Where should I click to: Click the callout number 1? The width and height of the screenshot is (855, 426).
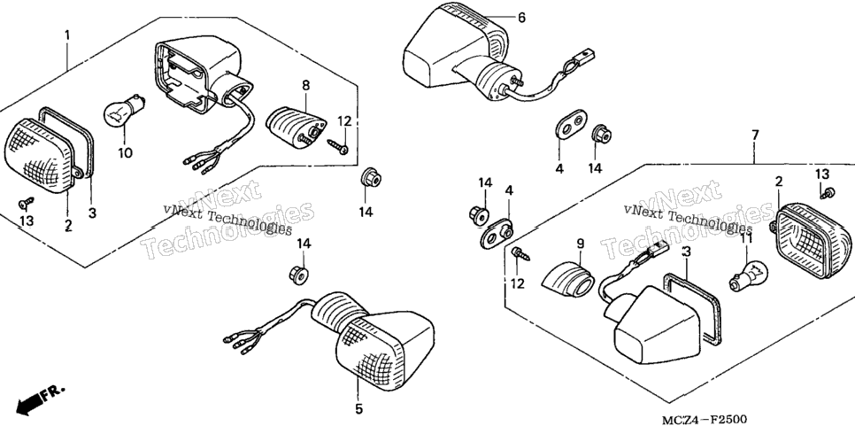pyautogui.click(x=67, y=36)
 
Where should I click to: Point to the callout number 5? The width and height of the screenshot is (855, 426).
pyautogui.click(x=358, y=409)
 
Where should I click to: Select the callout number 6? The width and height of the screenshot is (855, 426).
pyautogui.click(x=522, y=18)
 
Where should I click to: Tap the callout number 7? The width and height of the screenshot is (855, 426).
pyautogui.click(x=755, y=135)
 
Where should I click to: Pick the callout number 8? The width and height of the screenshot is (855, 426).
pyautogui.click(x=306, y=85)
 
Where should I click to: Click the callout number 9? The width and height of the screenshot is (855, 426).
pyautogui.click(x=580, y=244)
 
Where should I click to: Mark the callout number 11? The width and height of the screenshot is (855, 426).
pyautogui.click(x=746, y=238)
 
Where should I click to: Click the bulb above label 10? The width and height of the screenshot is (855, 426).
pyautogui.click(x=123, y=109)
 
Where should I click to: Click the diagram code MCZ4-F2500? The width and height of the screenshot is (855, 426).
pyautogui.click(x=704, y=419)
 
